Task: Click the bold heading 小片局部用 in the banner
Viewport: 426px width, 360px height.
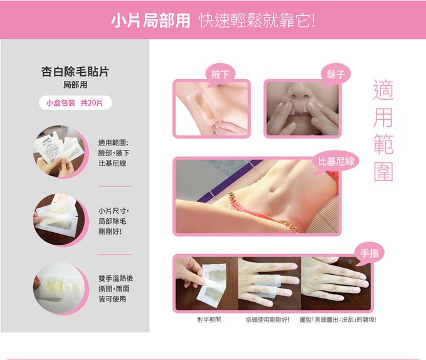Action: pyautogui.click(x=150, y=20)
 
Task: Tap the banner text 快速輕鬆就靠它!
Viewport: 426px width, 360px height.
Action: pyautogui.click(x=257, y=20)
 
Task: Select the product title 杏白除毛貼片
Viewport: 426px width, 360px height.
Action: pyautogui.click(x=75, y=71)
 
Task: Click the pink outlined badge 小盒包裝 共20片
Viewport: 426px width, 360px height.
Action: pyautogui.click(x=75, y=102)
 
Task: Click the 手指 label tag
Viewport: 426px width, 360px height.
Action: pyautogui.click(x=369, y=252)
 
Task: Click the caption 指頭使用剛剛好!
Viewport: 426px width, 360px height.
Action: pyautogui.click(x=268, y=320)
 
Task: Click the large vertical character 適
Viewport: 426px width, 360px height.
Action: pyautogui.click(x=383, y=90)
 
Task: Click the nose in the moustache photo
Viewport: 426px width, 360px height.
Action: pyautogui.click(x=299, y=92)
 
